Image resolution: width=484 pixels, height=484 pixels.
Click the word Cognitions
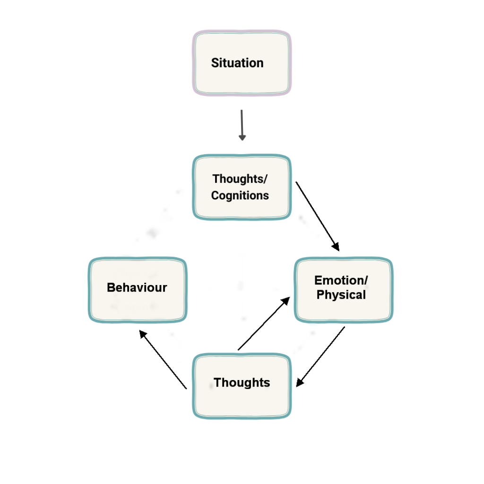(240, 195)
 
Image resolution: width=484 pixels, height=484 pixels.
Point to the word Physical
(341, 295)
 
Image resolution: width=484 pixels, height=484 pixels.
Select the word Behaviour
(137, 287)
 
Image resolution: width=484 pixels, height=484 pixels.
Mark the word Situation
(237, 63)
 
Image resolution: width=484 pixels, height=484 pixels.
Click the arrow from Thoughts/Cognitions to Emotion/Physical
(317, 215)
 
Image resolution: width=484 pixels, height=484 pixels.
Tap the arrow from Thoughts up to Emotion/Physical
(263, 324)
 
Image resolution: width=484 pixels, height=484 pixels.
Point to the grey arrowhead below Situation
(242, 138)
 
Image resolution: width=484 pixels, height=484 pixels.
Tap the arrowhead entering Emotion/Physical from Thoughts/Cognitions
(337, 247)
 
